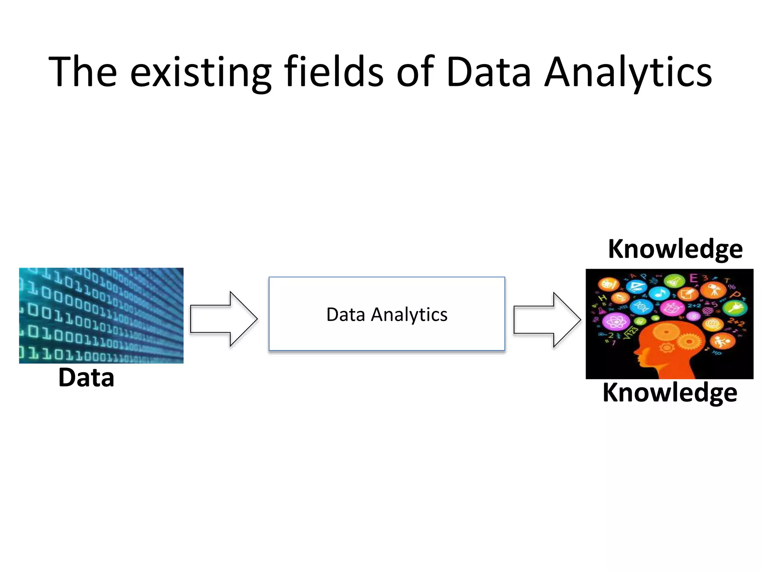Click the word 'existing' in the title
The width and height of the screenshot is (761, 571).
point(201,72)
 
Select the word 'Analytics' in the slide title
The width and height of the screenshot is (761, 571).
point(628,72)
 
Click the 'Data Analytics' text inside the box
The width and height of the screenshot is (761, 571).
point(386,314)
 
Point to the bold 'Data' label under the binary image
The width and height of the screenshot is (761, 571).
point(86,378)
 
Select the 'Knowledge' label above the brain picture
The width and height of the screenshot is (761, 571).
point(675,249)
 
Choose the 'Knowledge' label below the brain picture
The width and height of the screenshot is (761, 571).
point(670,392)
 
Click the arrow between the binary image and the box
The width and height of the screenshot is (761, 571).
point(223,319)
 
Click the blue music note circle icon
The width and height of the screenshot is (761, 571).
point(659,293)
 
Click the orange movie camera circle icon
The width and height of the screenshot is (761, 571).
point(713,290)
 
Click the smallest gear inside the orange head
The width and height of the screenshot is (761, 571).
point(667,348)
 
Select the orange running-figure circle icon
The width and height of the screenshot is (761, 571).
point(722,341)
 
